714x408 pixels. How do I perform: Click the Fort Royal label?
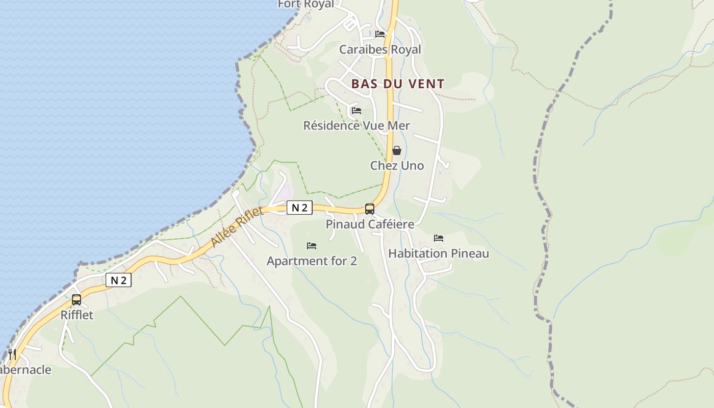click(306, 5)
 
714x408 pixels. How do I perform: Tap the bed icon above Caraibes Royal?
click(380, 34)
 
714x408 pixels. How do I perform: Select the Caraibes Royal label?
click(380, 49)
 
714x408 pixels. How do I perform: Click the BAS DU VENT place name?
click(398, 84)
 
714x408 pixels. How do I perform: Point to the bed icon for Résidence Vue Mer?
click(356, 110)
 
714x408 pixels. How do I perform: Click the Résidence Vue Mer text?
click(356, 125)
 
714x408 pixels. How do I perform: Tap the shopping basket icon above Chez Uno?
click(397, 150)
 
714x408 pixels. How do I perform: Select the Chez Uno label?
click(397, 166)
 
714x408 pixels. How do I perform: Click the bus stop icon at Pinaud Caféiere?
click(370, 209)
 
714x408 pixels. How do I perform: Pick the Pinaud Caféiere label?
click(370, 224)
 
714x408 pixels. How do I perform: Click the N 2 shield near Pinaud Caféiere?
click(299, 208)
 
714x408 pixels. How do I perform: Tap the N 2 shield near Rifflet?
click(118, 280)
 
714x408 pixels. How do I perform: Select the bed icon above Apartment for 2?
click(312, 246)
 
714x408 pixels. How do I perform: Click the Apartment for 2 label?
click(312, 261)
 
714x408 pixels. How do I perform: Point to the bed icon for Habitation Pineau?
click(439, 238)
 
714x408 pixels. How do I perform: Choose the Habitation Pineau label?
click(439, 253)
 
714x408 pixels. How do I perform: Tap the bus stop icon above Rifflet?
click(76, 300)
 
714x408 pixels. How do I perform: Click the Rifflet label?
click(77, 315)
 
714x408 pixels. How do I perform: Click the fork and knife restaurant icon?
click(12, 354)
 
